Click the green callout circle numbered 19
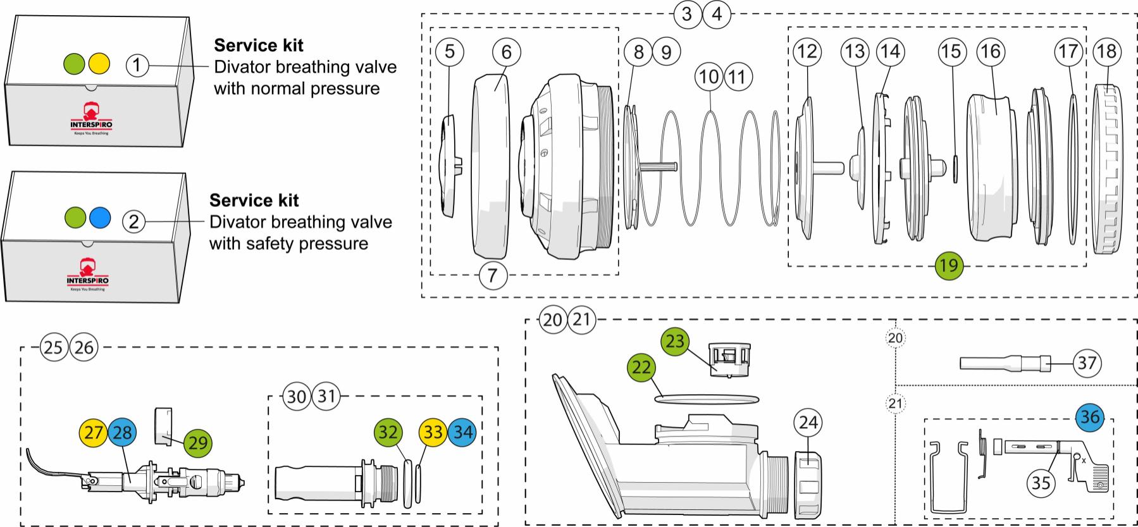point(949,265)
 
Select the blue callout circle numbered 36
point(1090,417)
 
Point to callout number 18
point(1106,51)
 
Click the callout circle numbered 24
point(808,423)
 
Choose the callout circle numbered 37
point(1087,363)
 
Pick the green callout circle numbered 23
point(676,342)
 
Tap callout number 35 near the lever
point(1041,483)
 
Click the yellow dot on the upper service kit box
point(99,63)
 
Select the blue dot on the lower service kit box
point(100,218)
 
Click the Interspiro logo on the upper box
point(91,118)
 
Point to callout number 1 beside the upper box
point(137,65)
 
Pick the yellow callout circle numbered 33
point(433,432)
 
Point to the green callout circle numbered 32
point(388,432)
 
